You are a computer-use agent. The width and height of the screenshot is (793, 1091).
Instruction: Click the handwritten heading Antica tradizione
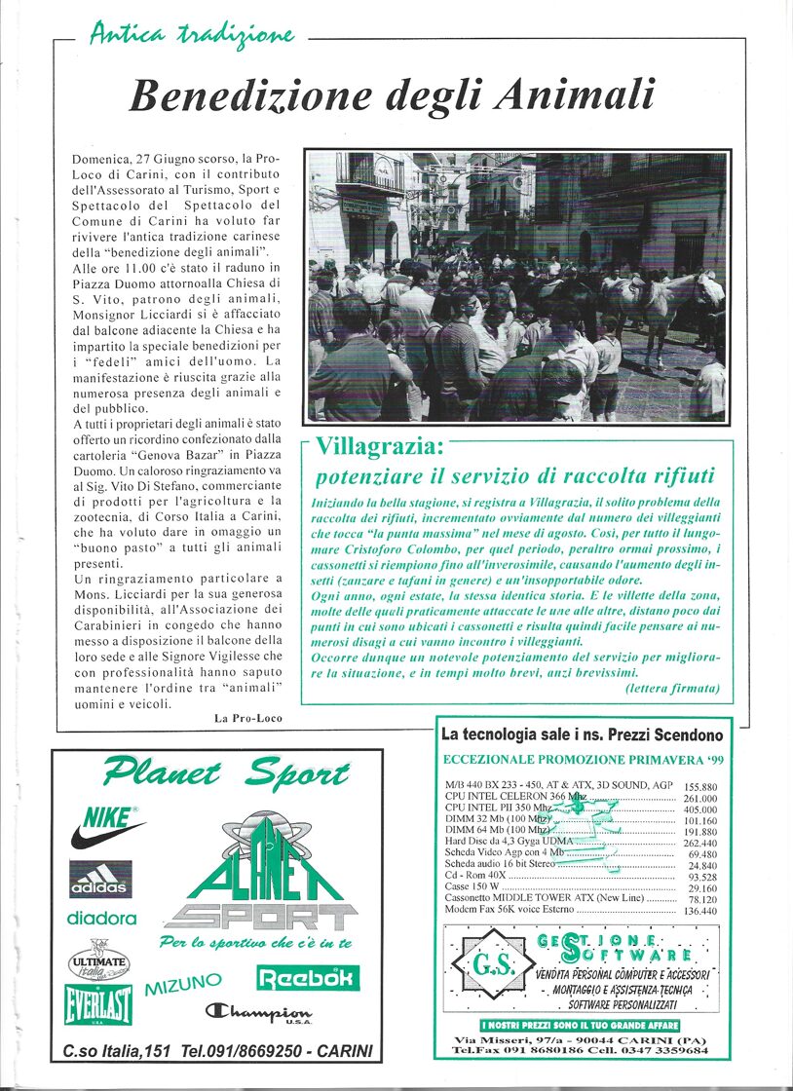point(192,35)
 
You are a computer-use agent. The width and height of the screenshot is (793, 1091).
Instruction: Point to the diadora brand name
point(101,918)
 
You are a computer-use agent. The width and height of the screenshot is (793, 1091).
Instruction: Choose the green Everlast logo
point(98,1003)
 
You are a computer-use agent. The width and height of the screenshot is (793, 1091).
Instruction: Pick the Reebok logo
point(308,977)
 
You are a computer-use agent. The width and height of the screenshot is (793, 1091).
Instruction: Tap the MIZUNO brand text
point(183,986)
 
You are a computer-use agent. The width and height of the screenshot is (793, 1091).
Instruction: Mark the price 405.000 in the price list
point(699,809)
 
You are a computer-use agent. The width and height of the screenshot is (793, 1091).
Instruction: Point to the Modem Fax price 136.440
point(699,912)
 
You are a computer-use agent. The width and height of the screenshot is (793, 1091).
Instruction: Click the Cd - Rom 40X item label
point(472,877)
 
